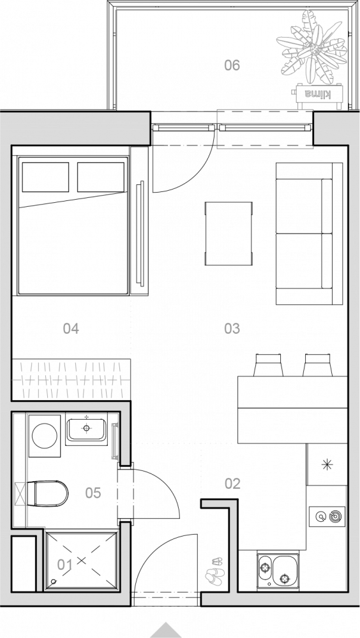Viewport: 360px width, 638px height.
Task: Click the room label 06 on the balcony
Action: pos(232,65)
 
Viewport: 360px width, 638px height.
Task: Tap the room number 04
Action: pos(71,329)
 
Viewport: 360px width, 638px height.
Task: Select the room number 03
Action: pos(232,329)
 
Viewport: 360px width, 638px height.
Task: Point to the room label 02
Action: pos(232,484)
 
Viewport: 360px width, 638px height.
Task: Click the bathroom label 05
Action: pos(93,493)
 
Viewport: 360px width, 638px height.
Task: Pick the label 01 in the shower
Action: pos(64,565)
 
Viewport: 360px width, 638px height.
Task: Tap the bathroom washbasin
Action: pos(86,429)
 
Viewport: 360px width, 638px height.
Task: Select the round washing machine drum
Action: pos(45,435)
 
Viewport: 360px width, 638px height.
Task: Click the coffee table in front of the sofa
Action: pos(229,234)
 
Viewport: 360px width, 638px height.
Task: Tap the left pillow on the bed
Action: pos(45,177)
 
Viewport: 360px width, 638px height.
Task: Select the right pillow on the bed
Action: pos(101,177)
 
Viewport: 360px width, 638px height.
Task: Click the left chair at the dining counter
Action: pos(268,365)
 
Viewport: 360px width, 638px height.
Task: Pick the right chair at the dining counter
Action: pos(318,365)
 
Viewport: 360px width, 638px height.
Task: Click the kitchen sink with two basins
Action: pos(278,570)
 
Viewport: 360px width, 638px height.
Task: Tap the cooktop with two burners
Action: pos(327,517)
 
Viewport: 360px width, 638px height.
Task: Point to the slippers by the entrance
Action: pos(215,571)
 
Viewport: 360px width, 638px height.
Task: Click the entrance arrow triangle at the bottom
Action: pos(166,631)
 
